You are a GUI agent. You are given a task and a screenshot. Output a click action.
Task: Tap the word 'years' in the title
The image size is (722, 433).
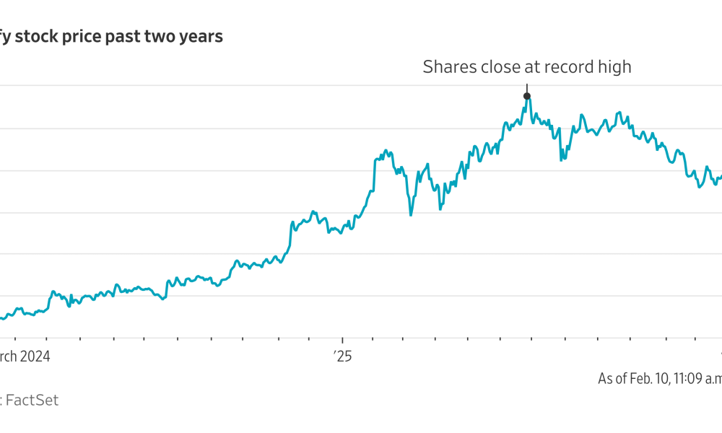pyautogui.click(x=200, y=37)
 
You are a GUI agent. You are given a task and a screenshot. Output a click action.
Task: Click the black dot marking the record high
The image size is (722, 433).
pyautogui.click(x=527, y=96)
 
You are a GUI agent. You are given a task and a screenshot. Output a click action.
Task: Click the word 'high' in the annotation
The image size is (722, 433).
pyautogui.click(x=613, y=67)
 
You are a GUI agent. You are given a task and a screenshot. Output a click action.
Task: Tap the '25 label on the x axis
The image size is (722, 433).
pyautogui.click(x=342, y=356)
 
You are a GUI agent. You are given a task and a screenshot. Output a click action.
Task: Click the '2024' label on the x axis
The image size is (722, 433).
pyautogui.click(x=36, y=356)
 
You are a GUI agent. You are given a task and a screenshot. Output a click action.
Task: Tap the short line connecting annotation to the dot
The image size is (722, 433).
pyautogui.click(x=527, y=87)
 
